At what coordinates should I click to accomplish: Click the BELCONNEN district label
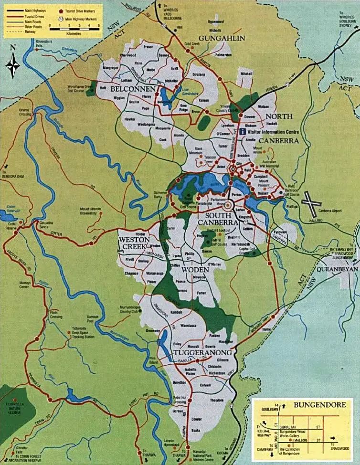coord(127,89)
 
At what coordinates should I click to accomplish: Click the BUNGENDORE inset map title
coord(313,405)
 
